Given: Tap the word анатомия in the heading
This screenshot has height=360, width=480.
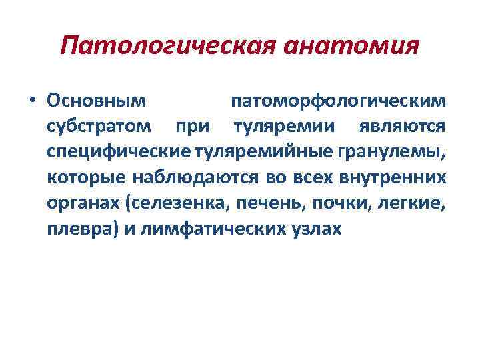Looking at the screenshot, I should point(351,47).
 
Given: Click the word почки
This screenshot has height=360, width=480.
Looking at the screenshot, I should point(325,203).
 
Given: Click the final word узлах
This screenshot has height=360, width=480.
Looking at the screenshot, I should point(319,228).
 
